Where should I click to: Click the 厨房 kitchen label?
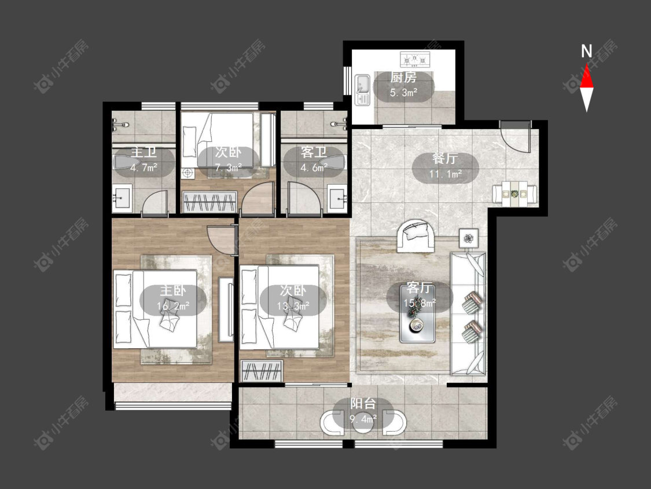pyautogui.click(x=403, y=77)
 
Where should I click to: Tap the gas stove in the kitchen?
pyautogui.click(x=415, y=59)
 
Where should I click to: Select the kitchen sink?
pyautogui.click(x=362, y=90)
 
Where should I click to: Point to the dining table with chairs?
pyautogui.click(x=515, y=194)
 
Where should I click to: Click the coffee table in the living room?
pyautogui.click(x=417, y=313)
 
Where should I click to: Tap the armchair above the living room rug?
pyautogui.click(x=416, y=235)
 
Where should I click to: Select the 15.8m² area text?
pyautogui.click(x=420, y=302)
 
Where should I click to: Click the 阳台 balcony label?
pyautogui.click(x=363, y=403)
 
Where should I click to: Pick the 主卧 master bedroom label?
pyautogui.click(x=173, y=291)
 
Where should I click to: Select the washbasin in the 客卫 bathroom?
pyautogui.click(x=337, y=199)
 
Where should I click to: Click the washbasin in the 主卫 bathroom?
pyautogui.click(x=122, y=199)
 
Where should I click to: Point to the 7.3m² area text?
pyautogui.click(x=228, y=167)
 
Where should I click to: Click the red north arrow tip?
pyautogui.click(x=587, y=64)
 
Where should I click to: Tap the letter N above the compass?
pyautogui.click(x=586, y=51)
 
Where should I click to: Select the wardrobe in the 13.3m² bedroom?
pyautogui.click(x=262, y=371)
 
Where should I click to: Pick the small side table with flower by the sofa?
pyautogui.click(x=469, y=238)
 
